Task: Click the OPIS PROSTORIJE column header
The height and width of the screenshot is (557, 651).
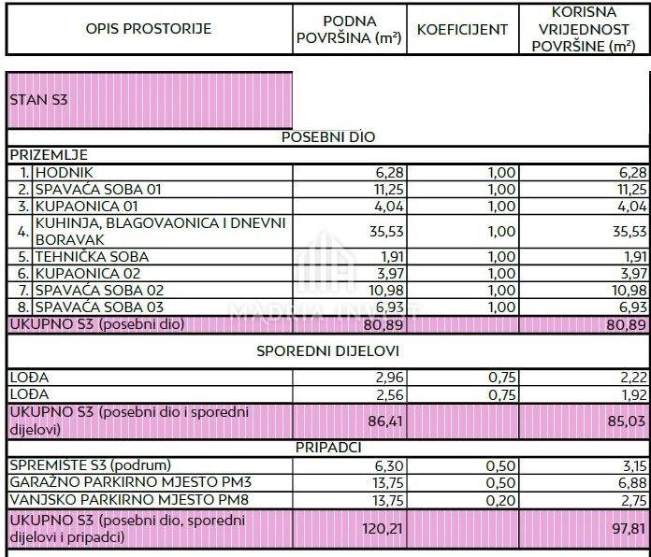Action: pos(149,29)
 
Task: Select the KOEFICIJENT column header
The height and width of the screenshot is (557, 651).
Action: pos(462,29)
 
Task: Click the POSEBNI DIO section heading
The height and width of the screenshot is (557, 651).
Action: pos(328,136)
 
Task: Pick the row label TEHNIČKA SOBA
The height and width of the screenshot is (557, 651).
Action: pos(92,256)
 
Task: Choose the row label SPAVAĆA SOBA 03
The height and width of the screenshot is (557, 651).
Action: pos(99,307)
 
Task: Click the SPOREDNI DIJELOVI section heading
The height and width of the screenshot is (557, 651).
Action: pos(328,351)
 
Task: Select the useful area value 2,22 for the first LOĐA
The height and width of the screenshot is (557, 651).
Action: pos(632,377)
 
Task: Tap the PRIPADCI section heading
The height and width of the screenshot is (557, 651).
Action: pos(328,448)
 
